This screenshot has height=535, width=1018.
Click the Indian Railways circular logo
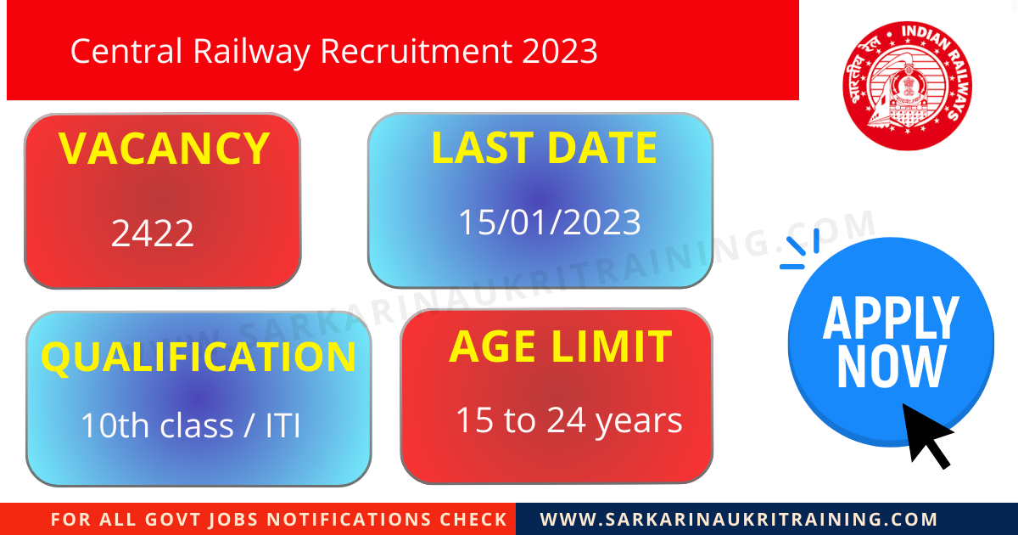(x=907, y=86)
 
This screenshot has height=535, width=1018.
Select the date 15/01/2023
(x=550, y=222)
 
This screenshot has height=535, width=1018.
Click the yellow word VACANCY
(x=165, y=149)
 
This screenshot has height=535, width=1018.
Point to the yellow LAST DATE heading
(x=544, y=148)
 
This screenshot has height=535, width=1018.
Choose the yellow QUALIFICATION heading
(x=199, y=358)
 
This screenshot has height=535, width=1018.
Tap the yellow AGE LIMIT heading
(x=560, y=347)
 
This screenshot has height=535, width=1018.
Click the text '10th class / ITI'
(x=191, y=425)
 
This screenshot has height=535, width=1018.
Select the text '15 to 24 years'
(x=569, y=420)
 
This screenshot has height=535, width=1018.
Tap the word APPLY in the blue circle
(x=891, y=318)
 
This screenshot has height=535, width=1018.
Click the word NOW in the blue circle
(x=891, y=367)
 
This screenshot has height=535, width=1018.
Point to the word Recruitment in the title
(x=416, y=52)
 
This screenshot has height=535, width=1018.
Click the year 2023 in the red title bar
(x=560, y=52)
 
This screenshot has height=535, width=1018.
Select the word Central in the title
(x=126, y=52)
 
